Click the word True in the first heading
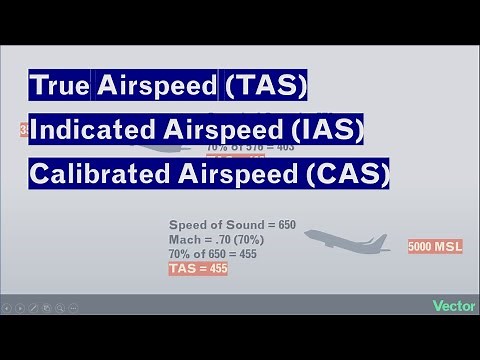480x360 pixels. point(61,86)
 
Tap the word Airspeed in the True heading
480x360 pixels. point(156,86)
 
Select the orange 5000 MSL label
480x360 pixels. point(436,246)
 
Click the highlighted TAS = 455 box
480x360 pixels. point(198,269)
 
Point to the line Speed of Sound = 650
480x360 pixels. point(232,225)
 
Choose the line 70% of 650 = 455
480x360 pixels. point(213,254)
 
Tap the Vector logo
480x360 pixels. point(453,306)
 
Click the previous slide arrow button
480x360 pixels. point(7,308)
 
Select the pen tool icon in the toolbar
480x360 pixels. point(33,308)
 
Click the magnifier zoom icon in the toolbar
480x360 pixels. point(60,308)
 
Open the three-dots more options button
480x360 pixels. point(73,308)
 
